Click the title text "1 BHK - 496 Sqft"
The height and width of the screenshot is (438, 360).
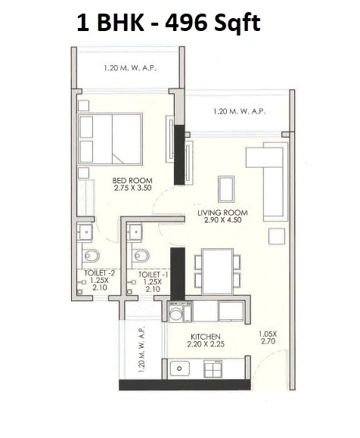(168, 23)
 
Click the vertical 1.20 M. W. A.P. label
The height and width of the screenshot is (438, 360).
(143, 348)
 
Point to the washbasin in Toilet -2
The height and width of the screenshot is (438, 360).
(85, 231)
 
